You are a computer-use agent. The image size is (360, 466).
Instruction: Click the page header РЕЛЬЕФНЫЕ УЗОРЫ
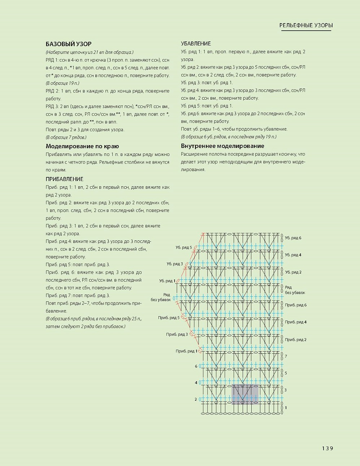(306, 25)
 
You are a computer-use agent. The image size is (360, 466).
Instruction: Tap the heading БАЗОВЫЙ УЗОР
(69, 44)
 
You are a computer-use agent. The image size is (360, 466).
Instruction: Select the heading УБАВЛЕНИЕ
(196, 44)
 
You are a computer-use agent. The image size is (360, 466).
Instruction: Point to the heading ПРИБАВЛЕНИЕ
(64, 179)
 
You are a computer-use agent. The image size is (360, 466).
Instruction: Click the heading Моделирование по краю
(82, 146)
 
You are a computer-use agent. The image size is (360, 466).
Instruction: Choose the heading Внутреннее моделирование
(222, 146)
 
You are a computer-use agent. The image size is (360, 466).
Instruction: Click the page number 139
(328, 448)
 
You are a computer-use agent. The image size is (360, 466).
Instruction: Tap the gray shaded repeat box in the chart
(245, 394)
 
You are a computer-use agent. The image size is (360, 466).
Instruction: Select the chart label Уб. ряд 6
(293, 238)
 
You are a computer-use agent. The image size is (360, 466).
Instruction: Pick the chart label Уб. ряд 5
(184, 247)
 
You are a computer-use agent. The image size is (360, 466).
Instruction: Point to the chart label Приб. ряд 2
(295, 340)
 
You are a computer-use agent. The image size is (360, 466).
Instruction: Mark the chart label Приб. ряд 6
(295, 305)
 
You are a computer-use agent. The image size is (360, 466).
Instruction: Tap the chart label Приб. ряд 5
(168, 318)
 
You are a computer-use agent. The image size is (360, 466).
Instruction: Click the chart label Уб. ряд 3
(175, 264)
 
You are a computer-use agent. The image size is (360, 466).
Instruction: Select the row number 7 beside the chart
(286, 356)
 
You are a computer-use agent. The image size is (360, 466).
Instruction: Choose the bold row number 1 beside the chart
(286, 408)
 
